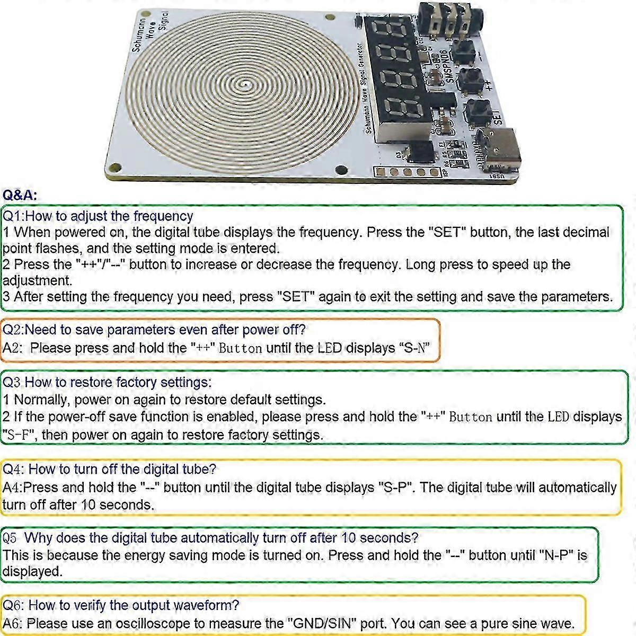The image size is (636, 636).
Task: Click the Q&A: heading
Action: (x=20, y=195)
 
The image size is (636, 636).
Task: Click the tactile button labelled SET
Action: (x=478, y=112)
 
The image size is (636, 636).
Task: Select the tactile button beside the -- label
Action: (x=463, y=52)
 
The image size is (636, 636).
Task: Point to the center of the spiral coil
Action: (x=244, y=85)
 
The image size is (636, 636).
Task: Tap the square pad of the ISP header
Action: (x=381, y=172)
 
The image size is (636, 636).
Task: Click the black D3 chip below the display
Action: (x=420, y=152)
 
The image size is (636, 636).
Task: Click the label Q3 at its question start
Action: (x=11, y=382)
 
